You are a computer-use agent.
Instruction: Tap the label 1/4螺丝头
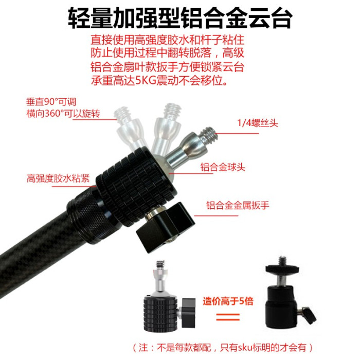(x=258, y=123)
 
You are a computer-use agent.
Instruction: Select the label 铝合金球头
(x=223, y=167)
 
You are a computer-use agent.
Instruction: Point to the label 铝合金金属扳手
(x=238, y=205)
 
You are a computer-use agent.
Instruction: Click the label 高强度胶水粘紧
(x=58, y=178)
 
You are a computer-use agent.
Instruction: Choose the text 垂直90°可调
(x=51, y=102)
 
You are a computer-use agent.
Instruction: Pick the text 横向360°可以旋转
(x=63, y=114)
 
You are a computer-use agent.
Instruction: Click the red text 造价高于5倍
(x=228, y=301)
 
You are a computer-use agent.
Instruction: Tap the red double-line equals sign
(x=228, y=317)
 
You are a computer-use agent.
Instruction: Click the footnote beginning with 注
(x=223, y=347)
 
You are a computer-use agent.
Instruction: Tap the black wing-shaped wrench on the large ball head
(x=166, y=227)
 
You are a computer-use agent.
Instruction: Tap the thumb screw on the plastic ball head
(x=308, y=315)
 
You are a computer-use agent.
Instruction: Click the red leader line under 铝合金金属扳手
(x=216, y=216)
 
